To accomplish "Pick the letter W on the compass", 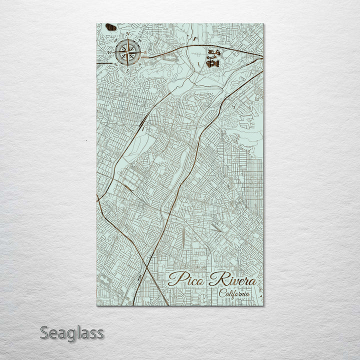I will coord(110,52).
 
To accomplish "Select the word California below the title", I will coord(234,293).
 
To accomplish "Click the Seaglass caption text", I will coord(72,332).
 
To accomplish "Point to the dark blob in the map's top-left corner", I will coord(111,27).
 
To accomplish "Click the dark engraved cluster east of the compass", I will coord(214,58).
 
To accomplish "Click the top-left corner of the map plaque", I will coord(96,23).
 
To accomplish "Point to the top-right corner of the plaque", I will coord(263,23).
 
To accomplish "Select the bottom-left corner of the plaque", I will coord(96,305).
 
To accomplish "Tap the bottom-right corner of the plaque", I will coord(263,305).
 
